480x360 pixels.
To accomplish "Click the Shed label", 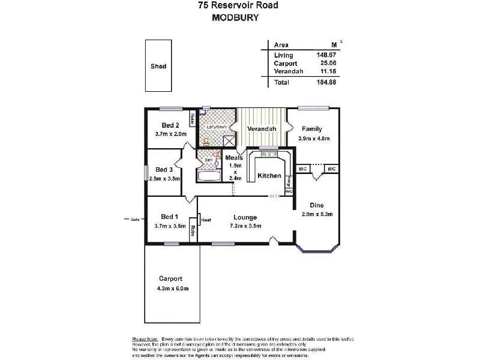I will (158, 67).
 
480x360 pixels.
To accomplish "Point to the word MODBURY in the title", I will (236, 18).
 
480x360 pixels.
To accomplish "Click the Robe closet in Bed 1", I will (193, 230).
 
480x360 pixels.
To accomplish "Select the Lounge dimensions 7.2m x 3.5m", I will (245, 226).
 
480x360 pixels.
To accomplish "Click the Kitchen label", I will (269, 176).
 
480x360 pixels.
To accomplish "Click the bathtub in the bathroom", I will (209, 176).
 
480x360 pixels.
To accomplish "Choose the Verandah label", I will (262, 129).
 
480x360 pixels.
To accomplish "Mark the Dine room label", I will (317, 205).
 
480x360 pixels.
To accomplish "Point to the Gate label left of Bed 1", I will (135, 219).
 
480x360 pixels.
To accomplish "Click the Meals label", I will (234, 158).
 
